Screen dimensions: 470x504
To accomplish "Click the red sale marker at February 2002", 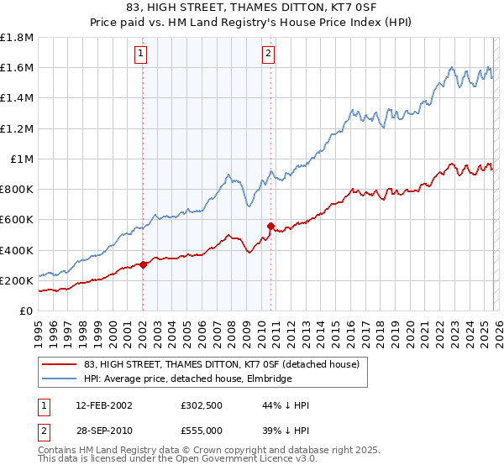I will pos(143,264).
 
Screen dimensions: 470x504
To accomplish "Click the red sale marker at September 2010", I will pos(270,226).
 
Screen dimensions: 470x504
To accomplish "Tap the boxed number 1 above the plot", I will pos(140,54).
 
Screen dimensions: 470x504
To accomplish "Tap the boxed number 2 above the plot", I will pos(268,54).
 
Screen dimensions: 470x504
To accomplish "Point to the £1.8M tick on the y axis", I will pos(17,38).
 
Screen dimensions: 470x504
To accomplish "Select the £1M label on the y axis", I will pos(22,159).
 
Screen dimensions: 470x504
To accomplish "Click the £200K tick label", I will pos(17,280).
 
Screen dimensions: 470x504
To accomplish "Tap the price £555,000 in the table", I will pos(204,429).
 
